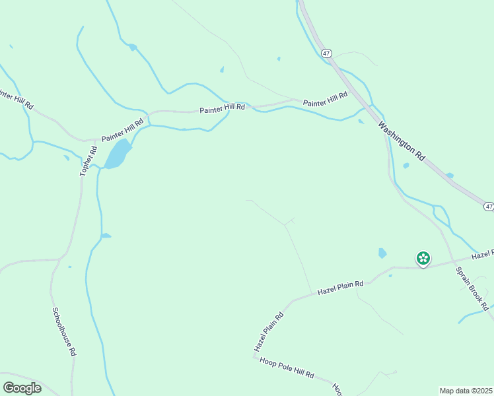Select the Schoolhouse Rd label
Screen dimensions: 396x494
tap(63, 332)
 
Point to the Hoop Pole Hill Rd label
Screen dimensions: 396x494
tap(287, 368)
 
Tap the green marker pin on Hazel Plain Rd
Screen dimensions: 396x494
tap(423, 258)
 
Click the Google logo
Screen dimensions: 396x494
tap(22, 388)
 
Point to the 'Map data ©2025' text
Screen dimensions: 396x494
tap(466, 391)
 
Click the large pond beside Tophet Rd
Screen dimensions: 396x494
tap(117, 154)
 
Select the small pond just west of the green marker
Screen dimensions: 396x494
tap(382, 253)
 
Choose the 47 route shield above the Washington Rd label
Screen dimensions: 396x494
tap(327, 52)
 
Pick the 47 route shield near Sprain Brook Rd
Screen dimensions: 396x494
tap(488, 207)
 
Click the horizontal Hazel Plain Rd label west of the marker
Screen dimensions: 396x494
tap(340, 287)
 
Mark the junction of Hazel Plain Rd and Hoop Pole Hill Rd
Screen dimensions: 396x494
tap(254, 356)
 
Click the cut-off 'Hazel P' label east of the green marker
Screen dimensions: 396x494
tap(482, 255)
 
